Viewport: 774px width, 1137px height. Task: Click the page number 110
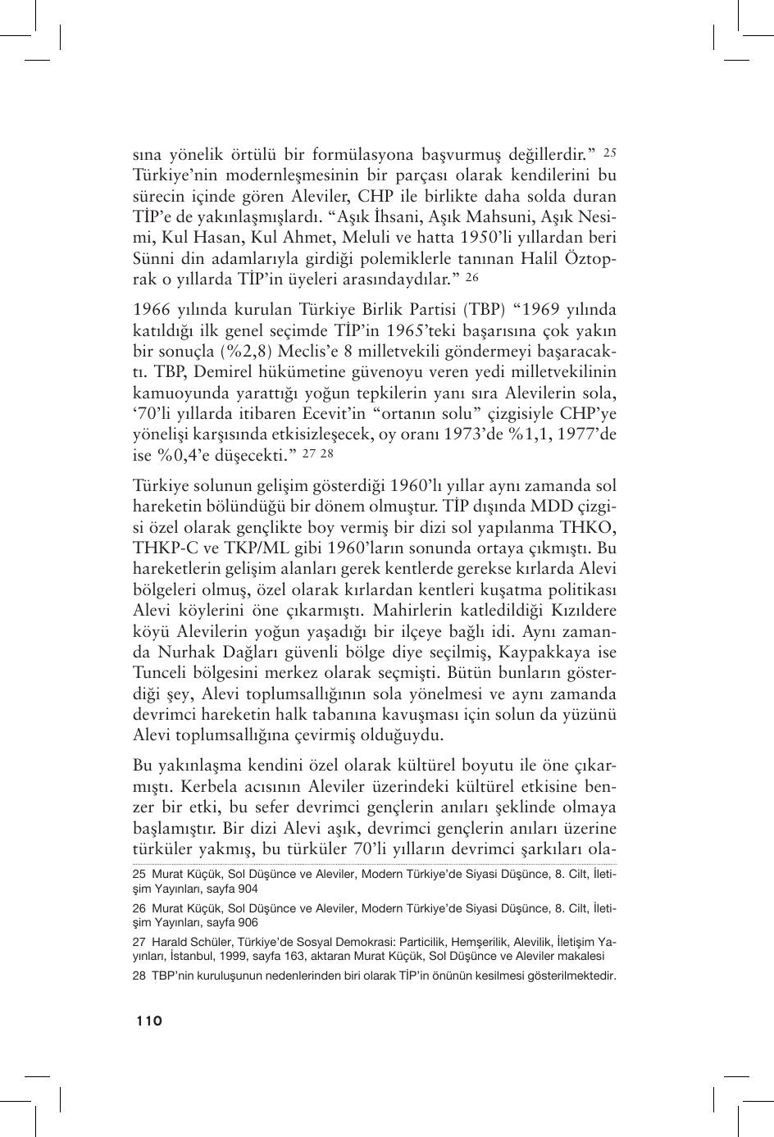[x=149, y=1021]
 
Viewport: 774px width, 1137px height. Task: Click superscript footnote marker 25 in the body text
[x=609, y=152]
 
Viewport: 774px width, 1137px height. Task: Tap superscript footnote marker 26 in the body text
[x=471, y=277]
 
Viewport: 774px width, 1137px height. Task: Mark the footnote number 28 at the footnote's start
[x=139, y=976]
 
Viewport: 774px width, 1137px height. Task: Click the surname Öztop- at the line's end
[x=590, y=258]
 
